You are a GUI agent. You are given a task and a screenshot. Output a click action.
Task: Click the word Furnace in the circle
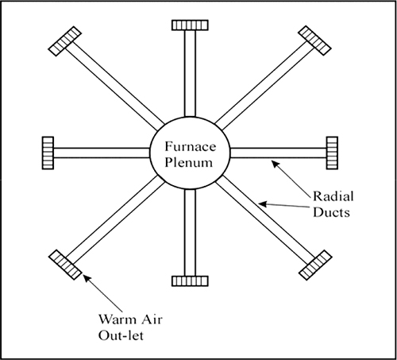(x=190, y=146)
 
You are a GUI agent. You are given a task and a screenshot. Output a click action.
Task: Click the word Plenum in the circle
(x=188, y=162)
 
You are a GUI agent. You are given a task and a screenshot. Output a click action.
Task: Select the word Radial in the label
(x=333, y=196)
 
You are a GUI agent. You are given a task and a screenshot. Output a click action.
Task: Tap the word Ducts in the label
(x=331, y=212)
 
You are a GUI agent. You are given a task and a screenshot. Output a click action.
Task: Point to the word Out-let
(x=121, y=335)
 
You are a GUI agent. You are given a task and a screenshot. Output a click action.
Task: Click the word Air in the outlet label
(x=153, y=319)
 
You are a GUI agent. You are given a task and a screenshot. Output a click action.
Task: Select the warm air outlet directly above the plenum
(x=190, y=25)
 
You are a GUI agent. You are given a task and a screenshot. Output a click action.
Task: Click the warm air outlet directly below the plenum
(x=190, y=281)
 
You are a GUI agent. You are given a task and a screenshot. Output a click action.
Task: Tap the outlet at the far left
(x=48, y=153)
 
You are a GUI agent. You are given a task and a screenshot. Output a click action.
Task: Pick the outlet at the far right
(x=332, y=153)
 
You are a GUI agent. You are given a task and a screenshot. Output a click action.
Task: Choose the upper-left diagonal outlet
(x=65, y=41)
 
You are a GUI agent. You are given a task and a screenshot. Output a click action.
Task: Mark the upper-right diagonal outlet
(x=314, y=41)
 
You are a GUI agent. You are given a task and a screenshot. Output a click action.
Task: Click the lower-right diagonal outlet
(x=315, y=265)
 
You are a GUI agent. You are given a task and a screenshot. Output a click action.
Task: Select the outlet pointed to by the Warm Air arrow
(x=65, y=265)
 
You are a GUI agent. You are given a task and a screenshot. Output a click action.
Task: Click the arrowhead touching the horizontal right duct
(x=276, y=165)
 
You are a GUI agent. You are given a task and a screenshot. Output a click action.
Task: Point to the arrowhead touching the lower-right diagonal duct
(x=262, y=204)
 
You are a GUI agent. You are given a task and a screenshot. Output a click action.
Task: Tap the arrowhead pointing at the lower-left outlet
(x=87, y=279)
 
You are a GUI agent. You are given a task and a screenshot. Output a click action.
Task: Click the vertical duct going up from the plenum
(x=190, y=73)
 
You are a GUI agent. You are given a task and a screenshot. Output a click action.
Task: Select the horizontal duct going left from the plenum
(x=102, y=153)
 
